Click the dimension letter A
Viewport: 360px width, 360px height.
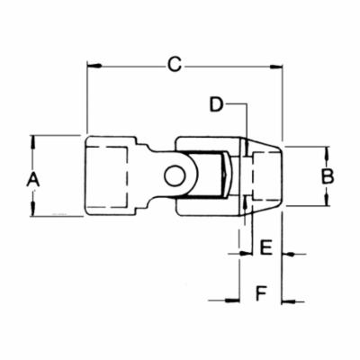pyautogui.click(x=33, y=179)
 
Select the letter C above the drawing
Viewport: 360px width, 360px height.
pyautogui.click(x=175, y=64)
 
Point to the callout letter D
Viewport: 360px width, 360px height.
pyautogui.click(x=217, y=104)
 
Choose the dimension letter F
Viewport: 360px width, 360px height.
pyautogui.click(x=260, y=293)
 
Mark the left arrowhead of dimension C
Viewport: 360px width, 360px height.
pyautogui.click(x=91, y=65)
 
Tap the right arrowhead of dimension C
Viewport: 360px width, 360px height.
pyautogui.click(x=278, y=65)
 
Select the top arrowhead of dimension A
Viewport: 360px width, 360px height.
pyautogui.click(x=33, y=139)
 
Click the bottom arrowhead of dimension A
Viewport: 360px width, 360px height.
pyautogui.click(x=33, y=211)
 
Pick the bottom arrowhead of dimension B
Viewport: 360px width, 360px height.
pyautogui.click(x=328, y=203)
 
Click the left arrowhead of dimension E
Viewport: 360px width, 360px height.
pyautogui.click(x=237, y=256)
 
